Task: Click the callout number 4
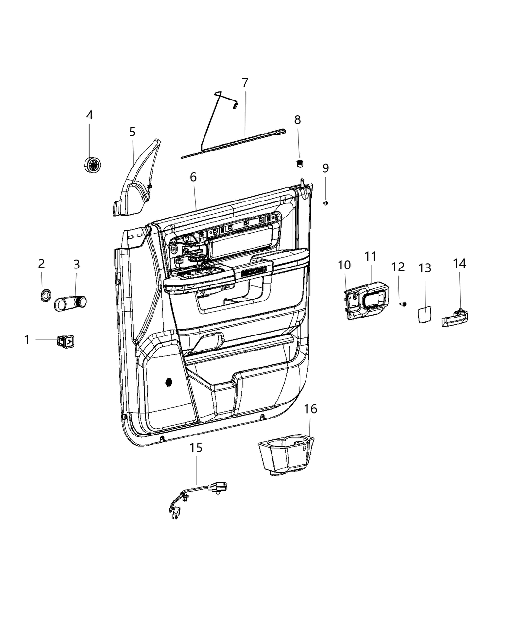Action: [89, 115]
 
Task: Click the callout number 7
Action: [245, 83]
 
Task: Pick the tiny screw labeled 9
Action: [326, 203]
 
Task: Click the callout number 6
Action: [193, 177]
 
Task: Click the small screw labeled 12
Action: [403, 304]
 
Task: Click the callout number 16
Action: [310, 409]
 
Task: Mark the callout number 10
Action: [344, 265]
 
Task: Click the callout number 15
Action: [196, 447]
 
